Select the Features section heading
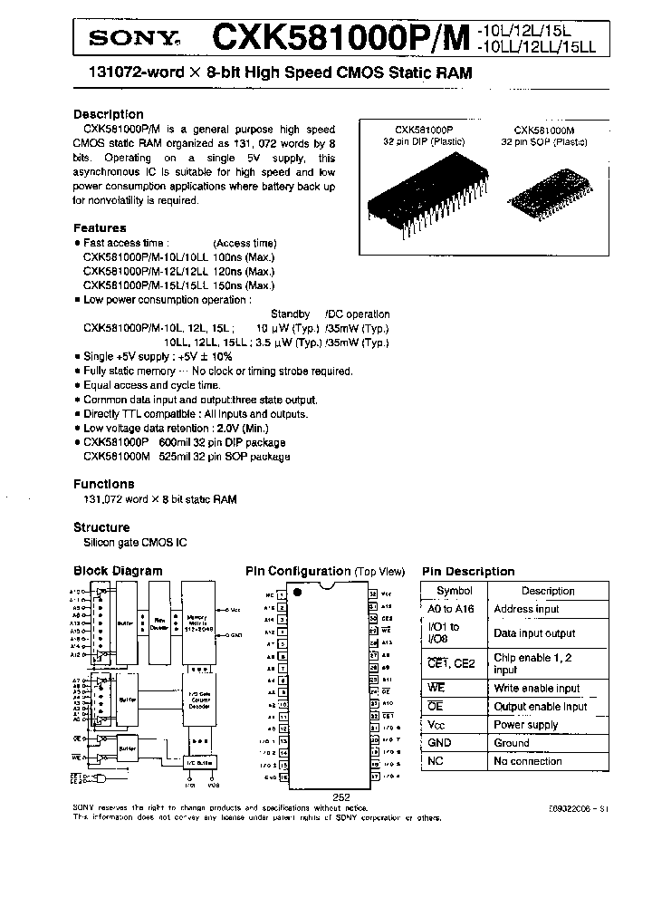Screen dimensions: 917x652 click(100, 228)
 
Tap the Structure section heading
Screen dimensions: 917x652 click(101, 527)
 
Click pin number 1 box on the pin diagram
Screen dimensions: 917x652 click(282, 594)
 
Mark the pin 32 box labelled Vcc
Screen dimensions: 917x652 click(373, 594)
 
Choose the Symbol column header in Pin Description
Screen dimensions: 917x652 click(455, 591)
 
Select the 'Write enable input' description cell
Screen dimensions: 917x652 click(537, 689)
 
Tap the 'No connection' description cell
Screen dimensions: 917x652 click(528, 762)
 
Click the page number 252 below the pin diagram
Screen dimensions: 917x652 click(340, 796)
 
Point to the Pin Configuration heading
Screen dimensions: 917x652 click(298, 572)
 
